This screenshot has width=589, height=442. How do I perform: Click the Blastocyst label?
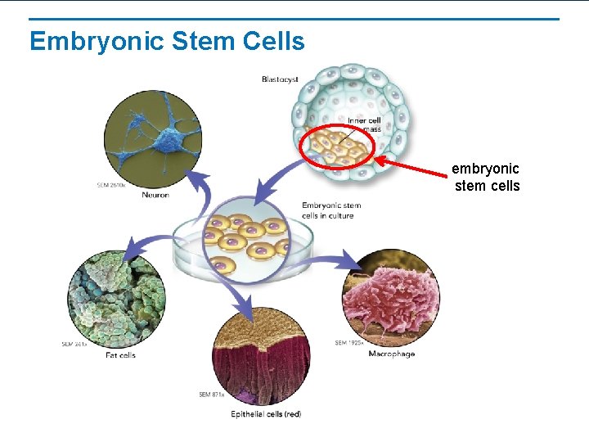tap(280, 79)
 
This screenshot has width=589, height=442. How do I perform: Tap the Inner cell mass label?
tap(364, 125)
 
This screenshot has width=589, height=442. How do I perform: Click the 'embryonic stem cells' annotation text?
tap(486, 178)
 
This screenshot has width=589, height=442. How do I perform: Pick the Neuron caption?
tap(155, 196)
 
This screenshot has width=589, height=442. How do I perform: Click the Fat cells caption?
tap(120, 354)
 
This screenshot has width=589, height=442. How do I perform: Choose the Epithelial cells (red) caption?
tap(266, 414)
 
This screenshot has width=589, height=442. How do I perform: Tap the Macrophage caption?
tap(391, 354)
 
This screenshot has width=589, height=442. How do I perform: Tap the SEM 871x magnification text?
tap(211, 395)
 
